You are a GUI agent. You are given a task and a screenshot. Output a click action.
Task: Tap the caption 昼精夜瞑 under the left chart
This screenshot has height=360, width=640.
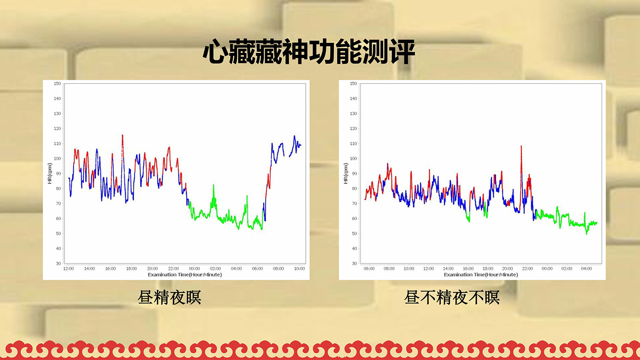click(170, 297)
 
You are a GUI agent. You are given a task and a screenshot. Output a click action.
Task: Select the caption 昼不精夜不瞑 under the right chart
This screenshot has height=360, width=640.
click(452, 297)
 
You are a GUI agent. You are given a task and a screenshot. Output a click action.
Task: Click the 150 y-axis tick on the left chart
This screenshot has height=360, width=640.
click(58, 83)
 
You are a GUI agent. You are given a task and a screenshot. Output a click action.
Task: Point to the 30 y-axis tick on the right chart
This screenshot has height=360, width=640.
click(355, 263)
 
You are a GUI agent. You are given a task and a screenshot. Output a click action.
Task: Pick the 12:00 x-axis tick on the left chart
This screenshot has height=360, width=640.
click(68, 268)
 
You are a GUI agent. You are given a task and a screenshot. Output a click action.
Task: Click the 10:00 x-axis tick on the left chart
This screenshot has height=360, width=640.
click(299, 268)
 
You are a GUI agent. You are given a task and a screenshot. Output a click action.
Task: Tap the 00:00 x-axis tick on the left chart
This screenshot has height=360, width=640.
click(194, 268)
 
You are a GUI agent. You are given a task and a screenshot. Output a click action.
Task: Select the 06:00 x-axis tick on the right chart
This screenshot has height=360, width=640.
click(369, 268)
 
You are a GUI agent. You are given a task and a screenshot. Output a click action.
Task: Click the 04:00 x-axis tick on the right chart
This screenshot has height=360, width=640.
click(586, 268)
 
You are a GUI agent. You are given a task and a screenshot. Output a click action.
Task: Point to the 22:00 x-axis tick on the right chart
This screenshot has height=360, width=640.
click(528, 268)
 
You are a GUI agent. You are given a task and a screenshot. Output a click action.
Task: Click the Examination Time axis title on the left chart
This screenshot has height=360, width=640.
click(185, 275)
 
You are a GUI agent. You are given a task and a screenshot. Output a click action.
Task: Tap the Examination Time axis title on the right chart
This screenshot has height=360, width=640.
click(481, 275)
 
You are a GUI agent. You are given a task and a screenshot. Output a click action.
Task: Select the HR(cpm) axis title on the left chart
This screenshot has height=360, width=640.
click(50, 173)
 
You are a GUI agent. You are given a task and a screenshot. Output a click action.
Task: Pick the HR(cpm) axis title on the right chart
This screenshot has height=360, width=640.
click(346, 173)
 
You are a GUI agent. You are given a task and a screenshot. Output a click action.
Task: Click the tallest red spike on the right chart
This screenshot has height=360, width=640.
click(521, 147)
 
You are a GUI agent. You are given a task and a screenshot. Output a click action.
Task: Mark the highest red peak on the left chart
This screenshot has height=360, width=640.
click(123, 136)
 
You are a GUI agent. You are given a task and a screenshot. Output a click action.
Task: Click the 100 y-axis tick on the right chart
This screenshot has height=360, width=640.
click(353, 159)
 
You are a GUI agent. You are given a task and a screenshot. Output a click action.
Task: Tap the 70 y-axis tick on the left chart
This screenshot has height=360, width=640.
click(59, 204)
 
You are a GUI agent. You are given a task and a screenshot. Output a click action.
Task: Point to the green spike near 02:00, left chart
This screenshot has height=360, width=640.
click(213, 185)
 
